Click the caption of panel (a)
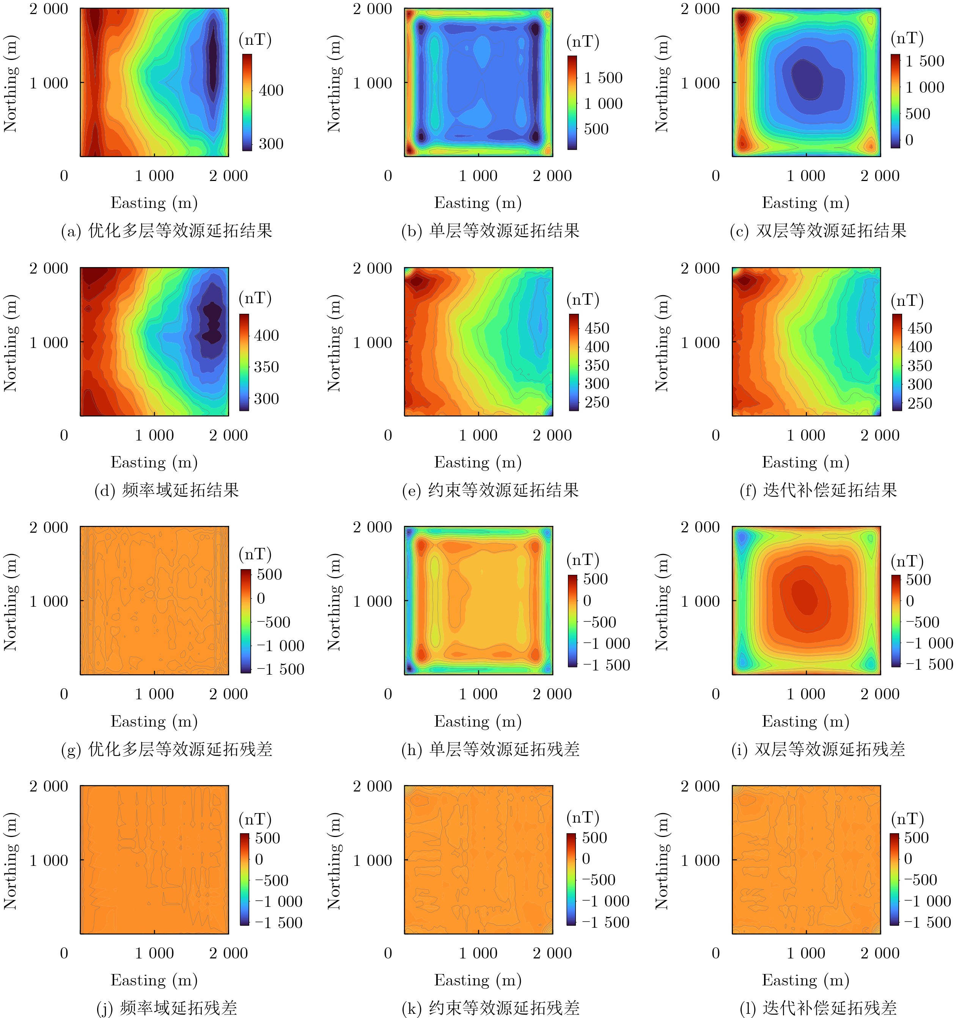coord(167,231)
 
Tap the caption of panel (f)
coord(818,491)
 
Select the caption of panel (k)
coord(491,1008)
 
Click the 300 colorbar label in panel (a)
coord(271,144)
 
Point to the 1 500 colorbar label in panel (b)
coord(603,78)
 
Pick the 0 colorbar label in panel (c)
coord(909,140)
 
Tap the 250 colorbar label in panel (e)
coord(597,403)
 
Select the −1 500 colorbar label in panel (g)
coord(281,669)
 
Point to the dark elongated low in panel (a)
coord(212,59)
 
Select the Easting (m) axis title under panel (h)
coord(478,722)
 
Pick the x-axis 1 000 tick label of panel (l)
coord(806,953)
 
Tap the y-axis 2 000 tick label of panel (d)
coord(49,268)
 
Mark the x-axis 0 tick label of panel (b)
coord(388,176)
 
